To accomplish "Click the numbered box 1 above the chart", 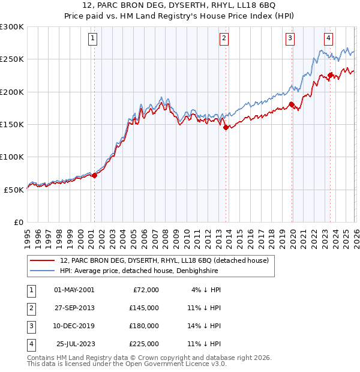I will pyautogui.click(x=94, y=38).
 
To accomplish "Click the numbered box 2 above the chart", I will pyautogui.click(x=224, y=38).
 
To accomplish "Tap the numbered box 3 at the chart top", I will pyautogui.click(x=290, y=38).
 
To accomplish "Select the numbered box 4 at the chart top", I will pyautogui.click(x=329, y=38).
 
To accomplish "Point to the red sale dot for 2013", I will pyautogui.click(x=226, y=127).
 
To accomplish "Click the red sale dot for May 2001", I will pyautogui.click(x=94, y=175).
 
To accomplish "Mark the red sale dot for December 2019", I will pyautogui.click(x=292, y=105).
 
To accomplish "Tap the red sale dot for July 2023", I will pyautogui.click(x=330, y=76).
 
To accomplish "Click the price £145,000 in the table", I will pyautogui.click(x=144, y=307).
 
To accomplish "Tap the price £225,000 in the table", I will pyautogui.click(x=144, y=344).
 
